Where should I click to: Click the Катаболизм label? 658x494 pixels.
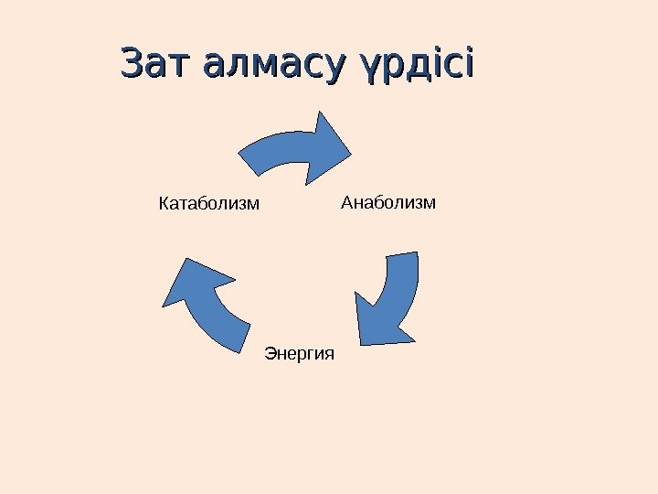(x=209, y=201)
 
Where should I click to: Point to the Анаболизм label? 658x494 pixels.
(x=388, y=201)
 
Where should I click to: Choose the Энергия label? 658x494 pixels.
(x=300, y=352)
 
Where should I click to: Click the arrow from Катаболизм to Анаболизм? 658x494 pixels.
(x=292, y=148)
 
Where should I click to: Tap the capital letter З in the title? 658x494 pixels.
(x=134, y=65)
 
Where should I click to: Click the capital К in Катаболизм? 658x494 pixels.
(x=164, y=201)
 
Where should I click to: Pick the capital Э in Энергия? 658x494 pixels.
(x=270, y=352)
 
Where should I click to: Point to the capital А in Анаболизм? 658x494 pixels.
(x=346, y=201)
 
